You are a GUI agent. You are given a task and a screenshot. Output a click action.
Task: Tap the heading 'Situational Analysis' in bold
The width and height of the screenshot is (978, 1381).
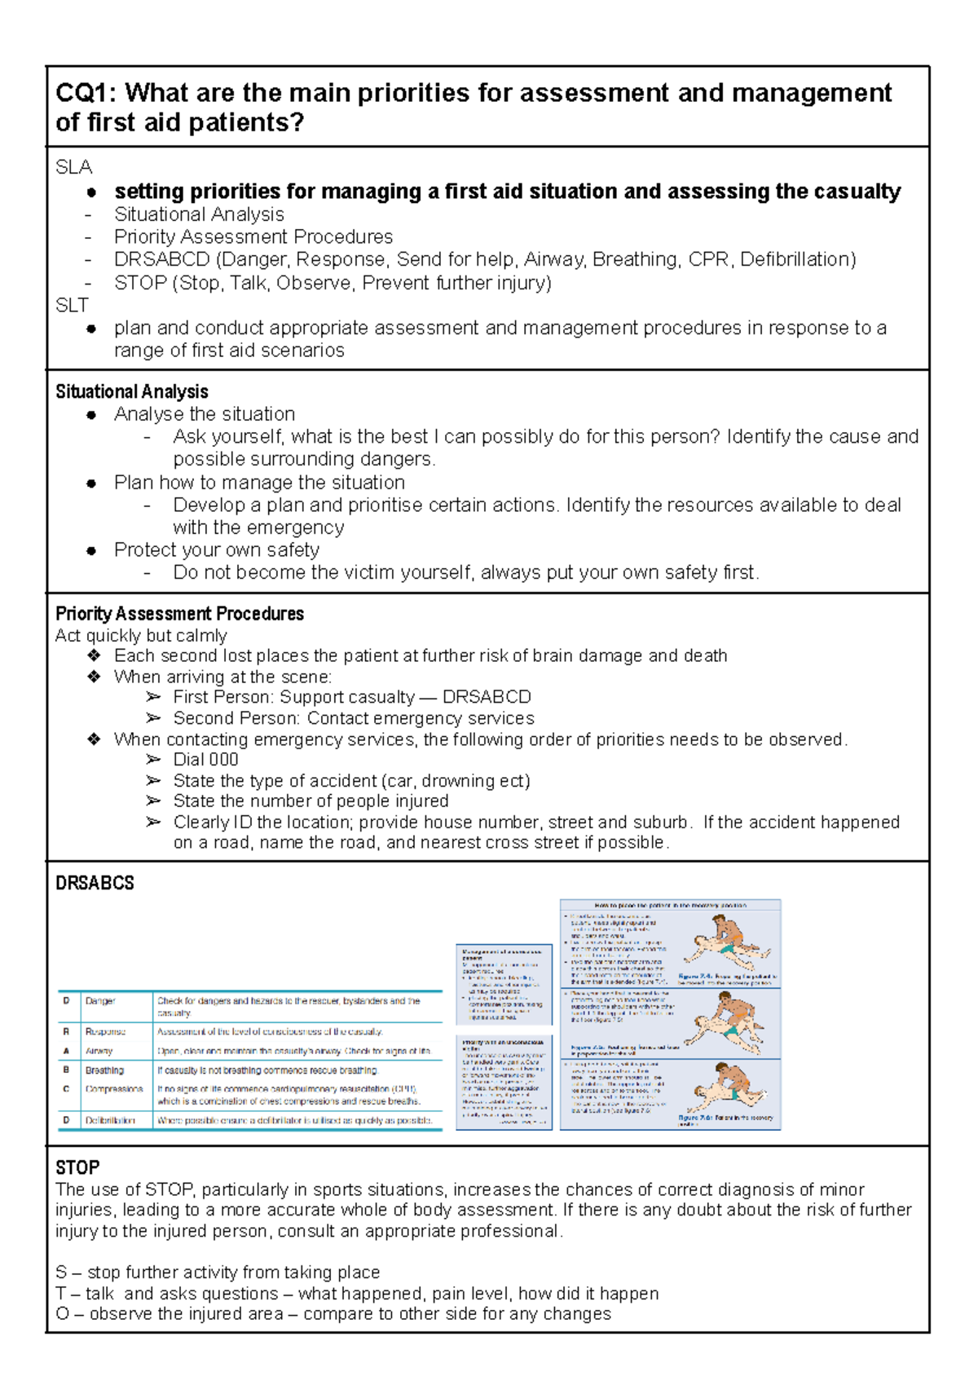pos(132,391)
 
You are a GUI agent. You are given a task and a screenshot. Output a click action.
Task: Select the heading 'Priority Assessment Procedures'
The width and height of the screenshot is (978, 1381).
pos(179,614)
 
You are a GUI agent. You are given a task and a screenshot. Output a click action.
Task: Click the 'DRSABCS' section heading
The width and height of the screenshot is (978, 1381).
pos(95,883)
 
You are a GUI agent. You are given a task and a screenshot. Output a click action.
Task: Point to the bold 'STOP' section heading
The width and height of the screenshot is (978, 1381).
pos(77,1167)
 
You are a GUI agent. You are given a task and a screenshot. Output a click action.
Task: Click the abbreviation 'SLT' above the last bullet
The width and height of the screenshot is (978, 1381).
pos(72,306)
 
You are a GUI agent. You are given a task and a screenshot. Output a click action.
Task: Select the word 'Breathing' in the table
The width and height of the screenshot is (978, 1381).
pos(104,1070)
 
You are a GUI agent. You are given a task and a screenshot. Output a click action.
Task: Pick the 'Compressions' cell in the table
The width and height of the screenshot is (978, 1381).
pos(113,1089)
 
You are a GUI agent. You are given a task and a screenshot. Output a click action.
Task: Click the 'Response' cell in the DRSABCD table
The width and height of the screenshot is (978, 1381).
pos(105,1031)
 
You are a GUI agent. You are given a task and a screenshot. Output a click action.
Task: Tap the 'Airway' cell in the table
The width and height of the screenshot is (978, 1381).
pos(99,1051)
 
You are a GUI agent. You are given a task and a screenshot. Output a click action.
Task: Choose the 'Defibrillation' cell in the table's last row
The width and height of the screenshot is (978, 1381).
pos(110,1121)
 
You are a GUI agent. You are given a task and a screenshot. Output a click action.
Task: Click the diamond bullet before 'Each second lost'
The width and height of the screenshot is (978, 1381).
pos(94,656)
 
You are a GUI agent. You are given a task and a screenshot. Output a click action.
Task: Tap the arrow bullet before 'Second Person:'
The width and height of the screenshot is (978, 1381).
pos(153,718)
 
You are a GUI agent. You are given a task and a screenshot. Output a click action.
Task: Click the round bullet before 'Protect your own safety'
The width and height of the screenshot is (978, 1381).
pos(91,550)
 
